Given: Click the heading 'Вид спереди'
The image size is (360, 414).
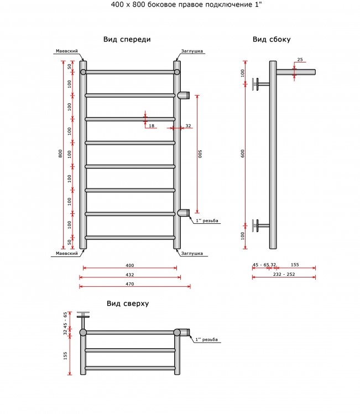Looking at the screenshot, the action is (127, 40).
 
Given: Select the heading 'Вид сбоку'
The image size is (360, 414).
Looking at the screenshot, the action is (272, 40).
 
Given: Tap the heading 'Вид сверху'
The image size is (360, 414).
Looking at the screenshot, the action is (128, 303).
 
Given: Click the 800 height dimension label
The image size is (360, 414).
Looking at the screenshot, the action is (60, 154).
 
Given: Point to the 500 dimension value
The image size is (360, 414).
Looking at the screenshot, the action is (200, 154).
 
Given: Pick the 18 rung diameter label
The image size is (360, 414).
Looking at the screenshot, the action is (152, 125).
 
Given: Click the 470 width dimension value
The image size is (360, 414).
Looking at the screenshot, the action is (130, 284).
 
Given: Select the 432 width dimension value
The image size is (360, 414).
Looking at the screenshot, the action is (130, 275).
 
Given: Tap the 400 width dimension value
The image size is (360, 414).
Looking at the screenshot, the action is (130, 265).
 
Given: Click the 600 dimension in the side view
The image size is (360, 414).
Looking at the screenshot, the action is (243, 154).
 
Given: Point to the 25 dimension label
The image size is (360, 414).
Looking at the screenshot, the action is (300, 60).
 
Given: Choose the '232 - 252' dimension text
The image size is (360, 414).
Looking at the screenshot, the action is (284, 274).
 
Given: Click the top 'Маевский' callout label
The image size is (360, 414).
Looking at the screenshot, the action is (67, 51).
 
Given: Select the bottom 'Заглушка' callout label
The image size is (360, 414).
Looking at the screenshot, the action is (192, 254).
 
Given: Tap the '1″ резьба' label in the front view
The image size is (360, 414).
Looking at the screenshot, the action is (207, 221).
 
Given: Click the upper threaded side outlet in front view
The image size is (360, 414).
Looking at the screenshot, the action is (184, 95).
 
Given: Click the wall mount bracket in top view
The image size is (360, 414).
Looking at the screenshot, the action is (83, 320).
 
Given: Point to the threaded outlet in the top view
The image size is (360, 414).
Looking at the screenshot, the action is (185, 332).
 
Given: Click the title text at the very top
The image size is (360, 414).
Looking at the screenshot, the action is (186, 4).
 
